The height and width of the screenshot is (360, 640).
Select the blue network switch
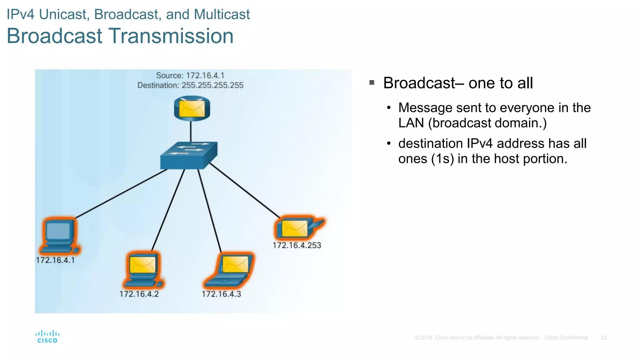tap(188, 156)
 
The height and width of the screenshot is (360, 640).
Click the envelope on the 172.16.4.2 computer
tap(142, 264)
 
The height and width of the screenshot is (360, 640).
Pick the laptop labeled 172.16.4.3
tap(229, 270)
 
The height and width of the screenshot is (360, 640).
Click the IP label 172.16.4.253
tap(297, 245)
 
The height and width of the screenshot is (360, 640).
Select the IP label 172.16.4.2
tap(139, 294)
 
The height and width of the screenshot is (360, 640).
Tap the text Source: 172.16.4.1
tap(190, 76)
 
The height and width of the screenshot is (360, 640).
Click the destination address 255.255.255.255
tap(212, 85)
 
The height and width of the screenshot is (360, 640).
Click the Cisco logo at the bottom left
tap(47, 337)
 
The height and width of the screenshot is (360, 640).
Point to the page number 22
tap(604, 338)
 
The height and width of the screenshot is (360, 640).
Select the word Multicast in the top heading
tap(222, 14)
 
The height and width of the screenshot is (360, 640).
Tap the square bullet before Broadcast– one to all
tap(372, 83)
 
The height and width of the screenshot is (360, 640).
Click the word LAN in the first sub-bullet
tap(411, 123)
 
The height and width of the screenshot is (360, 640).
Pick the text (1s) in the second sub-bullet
tap(442, 159)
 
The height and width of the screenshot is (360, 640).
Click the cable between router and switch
tap(191, 131)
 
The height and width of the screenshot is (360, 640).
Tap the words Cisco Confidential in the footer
tap(566, 338)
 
